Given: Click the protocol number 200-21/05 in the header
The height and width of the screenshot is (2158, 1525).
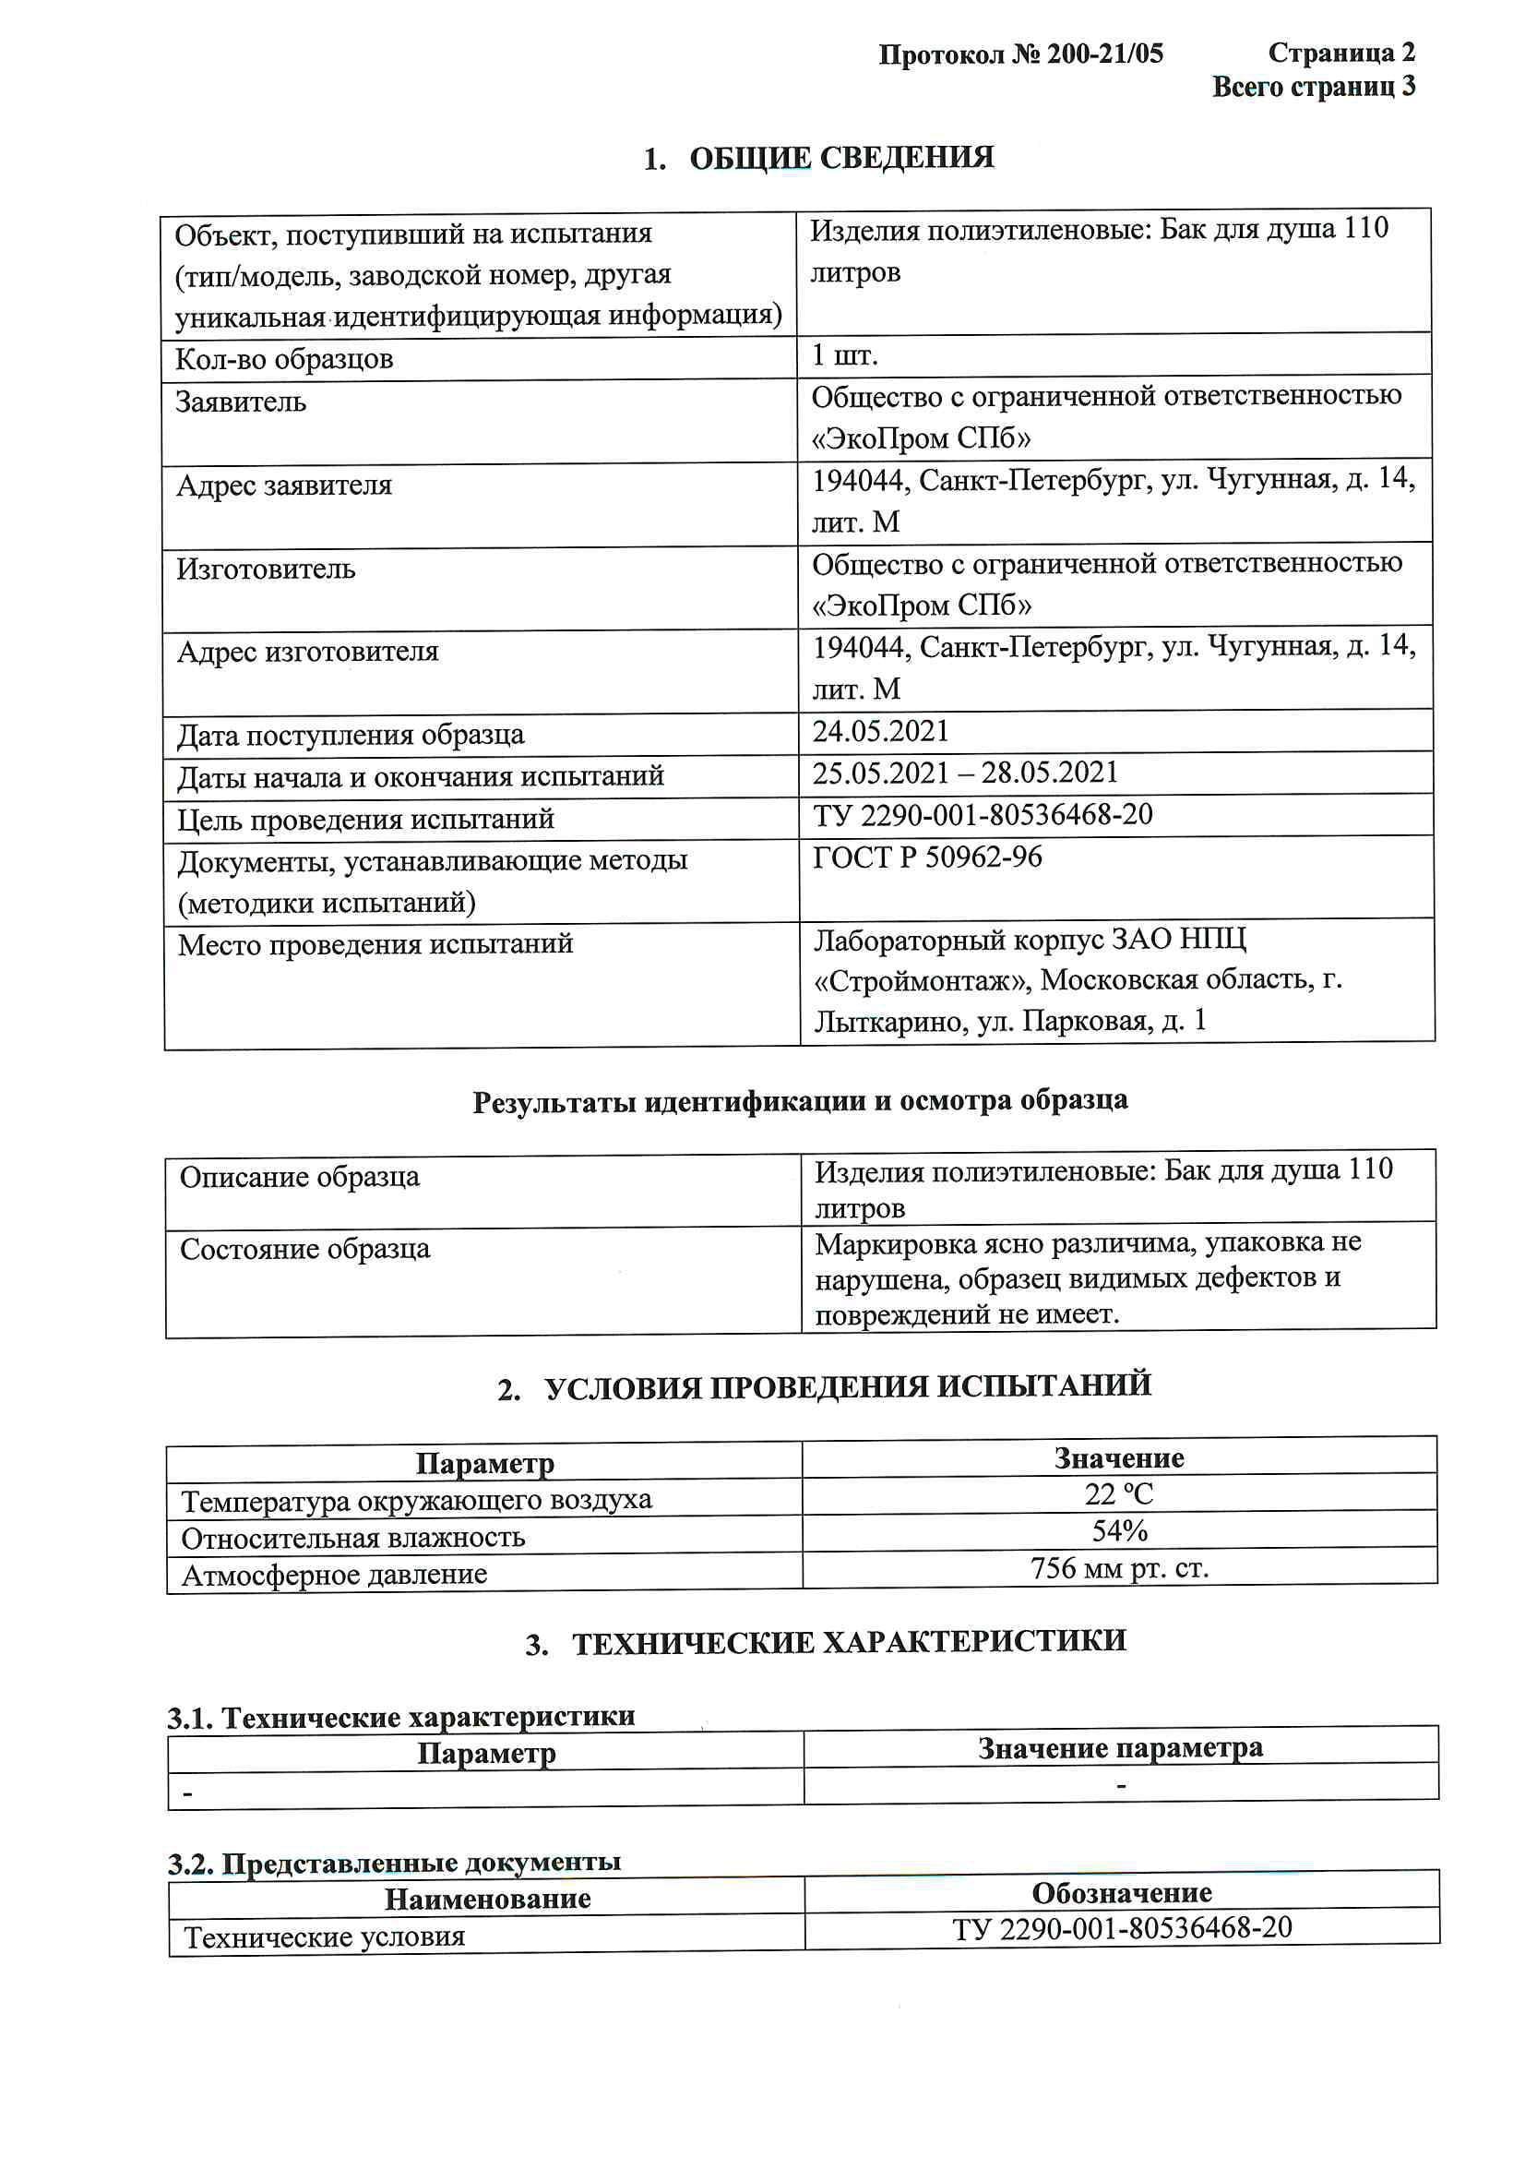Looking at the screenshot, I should [x=1105, y=54].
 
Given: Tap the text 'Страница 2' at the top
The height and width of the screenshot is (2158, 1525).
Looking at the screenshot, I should [x=1340, y=53].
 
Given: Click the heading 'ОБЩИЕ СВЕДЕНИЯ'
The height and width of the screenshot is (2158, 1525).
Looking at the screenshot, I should [x=841, y=158].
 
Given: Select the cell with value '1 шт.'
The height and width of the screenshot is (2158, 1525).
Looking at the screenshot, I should [x=844, y=355].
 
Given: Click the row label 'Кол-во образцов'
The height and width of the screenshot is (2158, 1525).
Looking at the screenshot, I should [x=284, y=359].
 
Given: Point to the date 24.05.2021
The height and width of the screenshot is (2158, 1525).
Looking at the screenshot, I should [x=880, y=730].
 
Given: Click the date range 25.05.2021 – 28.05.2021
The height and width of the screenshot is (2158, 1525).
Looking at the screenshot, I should [x=965, y=773].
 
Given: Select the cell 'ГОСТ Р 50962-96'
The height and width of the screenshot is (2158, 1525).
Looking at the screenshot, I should [x=926, y=857].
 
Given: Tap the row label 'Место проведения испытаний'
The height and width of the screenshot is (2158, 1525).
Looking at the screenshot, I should [x=375, y=942].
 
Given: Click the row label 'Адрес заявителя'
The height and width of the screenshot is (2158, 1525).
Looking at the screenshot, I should [x=284, y=485].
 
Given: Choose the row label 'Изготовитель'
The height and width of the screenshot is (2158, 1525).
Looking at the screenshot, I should [x=266, y=569].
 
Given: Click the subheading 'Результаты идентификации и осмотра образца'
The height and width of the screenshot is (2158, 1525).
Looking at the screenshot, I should [x=800, y=1100].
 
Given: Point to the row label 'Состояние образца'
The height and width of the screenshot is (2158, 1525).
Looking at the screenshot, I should [x=304, y=1248].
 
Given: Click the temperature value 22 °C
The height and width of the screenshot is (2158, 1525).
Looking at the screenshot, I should [x=1118, y=1493].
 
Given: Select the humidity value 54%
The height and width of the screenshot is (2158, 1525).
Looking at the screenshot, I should [x=1119, y=1531].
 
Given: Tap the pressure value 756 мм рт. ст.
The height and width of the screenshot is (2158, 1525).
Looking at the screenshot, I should [x=1119, y=1568].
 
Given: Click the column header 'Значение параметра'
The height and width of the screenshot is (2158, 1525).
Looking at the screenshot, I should [x=1120, y=1747].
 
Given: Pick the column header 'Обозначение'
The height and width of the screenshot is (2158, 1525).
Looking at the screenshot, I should [x=1121, y=1892].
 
